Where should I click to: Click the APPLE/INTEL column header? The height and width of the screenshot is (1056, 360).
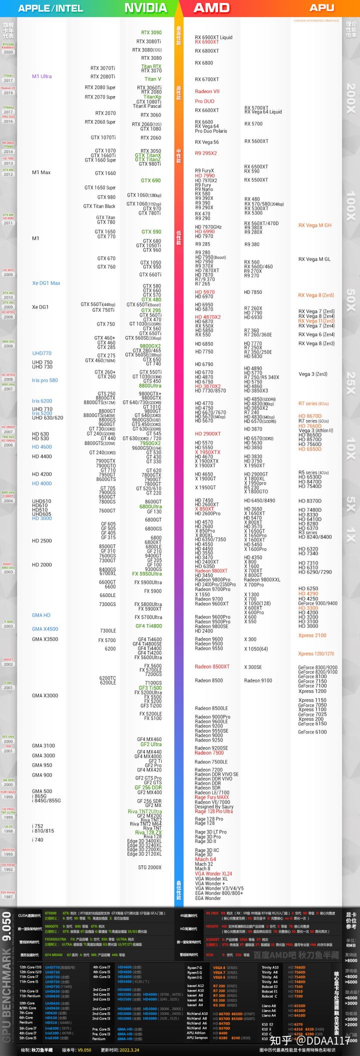tap(50, 8)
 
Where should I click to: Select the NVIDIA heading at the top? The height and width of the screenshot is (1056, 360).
tap(145, 8)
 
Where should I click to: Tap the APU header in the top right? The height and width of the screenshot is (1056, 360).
tap(321, 7)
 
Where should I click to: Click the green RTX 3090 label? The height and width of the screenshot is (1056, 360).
tap(151, 32)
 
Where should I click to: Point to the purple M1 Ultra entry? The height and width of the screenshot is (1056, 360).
tap(42, 76)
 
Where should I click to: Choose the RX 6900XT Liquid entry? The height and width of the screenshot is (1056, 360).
tap(213, 37)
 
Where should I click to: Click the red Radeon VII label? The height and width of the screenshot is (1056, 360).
tap(207, 91)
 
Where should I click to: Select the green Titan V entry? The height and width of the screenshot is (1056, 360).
tap(153, 79)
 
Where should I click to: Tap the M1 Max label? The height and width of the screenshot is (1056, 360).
tap(41, 172)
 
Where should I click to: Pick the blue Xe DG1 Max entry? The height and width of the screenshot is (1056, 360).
tap(46, 283)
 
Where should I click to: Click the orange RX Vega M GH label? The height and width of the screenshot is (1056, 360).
tap(315, 225)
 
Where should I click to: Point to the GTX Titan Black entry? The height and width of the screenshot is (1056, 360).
tap(99, 206)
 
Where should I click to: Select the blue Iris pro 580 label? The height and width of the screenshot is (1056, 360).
tap(45, 380)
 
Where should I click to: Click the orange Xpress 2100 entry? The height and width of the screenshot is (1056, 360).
tap(312, 635)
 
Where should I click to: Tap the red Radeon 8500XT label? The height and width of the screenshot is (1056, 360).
tap(212, 666)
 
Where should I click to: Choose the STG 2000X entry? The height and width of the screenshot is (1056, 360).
tap(150, 867)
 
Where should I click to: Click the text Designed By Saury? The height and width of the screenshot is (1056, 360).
tap(214, 806)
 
